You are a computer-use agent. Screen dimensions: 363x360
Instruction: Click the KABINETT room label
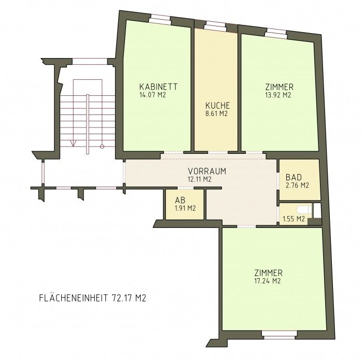click(x=158, y=87)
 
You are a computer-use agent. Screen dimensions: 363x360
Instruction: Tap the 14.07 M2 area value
click(x=153, y=95)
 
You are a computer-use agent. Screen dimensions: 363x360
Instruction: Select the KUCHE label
click(x=218, y=106)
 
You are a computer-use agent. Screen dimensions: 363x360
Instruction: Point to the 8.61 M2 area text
click(x=216, y=113)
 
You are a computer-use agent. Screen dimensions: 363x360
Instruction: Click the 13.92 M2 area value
click(x=278, y=95)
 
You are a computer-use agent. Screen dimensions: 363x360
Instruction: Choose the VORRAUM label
click(x=207, y=171)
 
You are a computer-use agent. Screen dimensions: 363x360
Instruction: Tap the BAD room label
click(x=294, y=177)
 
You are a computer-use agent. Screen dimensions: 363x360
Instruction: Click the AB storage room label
click(x=180, y=200)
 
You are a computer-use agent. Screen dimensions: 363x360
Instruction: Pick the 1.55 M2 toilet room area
click(x=294, y=219)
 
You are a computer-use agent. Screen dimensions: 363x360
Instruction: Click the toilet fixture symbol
click(x=304, y=210)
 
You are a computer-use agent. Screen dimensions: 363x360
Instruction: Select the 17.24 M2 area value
click(x=268, y=281)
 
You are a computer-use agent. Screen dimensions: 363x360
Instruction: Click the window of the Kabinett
click(x=160, y=18)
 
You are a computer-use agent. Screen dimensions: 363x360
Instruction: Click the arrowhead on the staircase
click(x=74, y=143)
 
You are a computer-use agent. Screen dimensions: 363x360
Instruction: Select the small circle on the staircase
click(x=102, y=147)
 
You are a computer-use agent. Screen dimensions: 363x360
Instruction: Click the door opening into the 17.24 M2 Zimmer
click(x=246, y=226)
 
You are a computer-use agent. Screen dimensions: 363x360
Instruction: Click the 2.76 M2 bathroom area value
click(x=297, y=185)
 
